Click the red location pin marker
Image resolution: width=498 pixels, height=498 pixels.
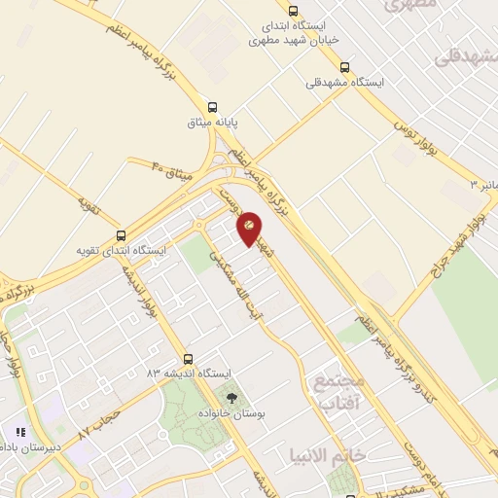tap(249, 227)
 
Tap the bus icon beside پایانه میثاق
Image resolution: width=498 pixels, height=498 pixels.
tap(213, 107)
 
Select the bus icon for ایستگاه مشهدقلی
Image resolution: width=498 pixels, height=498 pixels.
tap(344, 67)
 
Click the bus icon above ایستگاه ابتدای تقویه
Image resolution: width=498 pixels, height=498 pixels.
tap(121, 235)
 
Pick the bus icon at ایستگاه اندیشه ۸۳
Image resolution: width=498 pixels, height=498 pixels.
tap(188, 358)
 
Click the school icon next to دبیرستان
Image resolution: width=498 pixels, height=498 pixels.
tap(19, 432)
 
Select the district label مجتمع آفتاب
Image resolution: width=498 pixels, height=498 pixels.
tap(338, 389)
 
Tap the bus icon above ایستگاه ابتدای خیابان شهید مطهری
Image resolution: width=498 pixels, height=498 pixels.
tap(293, 11)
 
